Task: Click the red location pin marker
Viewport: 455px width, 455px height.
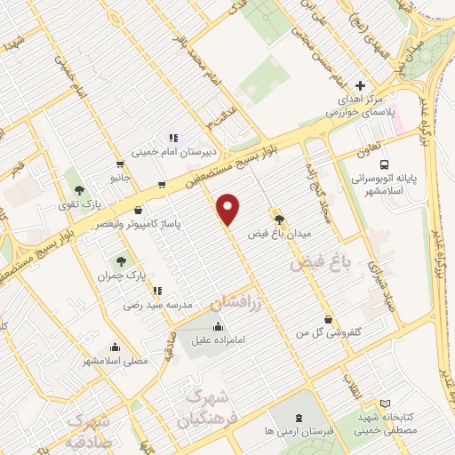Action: point(229,208)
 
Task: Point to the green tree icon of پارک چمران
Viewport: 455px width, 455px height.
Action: point(121,261)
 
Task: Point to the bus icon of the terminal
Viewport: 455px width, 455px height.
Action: point(384,165)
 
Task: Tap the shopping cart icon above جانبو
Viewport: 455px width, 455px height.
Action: point(120,164)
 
